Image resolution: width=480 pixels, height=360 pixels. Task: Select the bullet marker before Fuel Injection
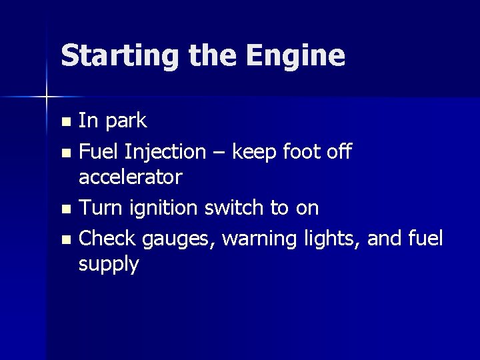(x=65, y=153)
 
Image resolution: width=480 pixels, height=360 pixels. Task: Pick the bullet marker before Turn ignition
(x=65, y=209)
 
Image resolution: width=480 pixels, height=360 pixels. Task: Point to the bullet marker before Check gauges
(x=65, y=239)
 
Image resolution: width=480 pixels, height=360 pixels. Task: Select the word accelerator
(x=130, y=177)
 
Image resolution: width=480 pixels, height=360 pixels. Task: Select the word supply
(x=109, y=265)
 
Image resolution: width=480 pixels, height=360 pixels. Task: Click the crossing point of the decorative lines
(x=46, y=97)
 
